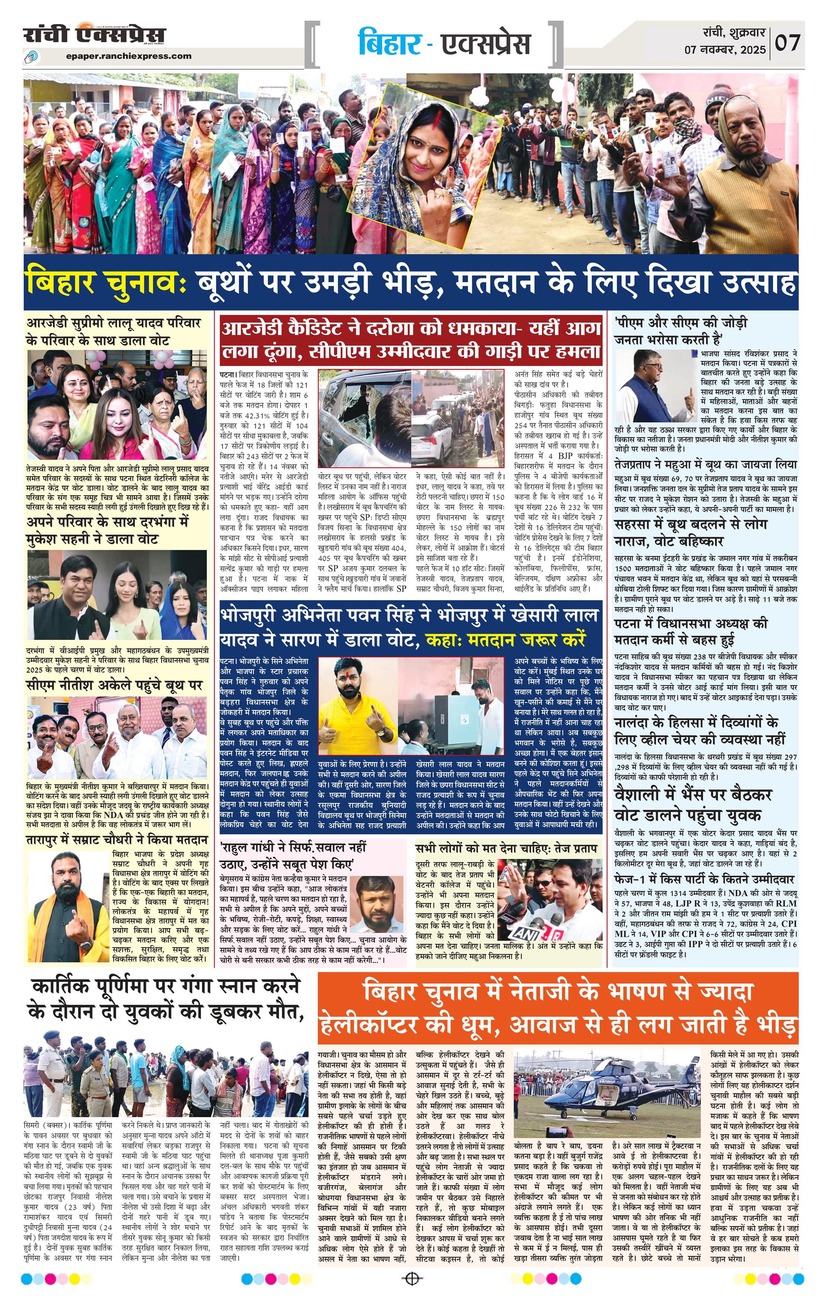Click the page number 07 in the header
tap(787, 42)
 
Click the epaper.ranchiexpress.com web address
tap(129, 56)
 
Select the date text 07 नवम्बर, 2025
tap(725, 50)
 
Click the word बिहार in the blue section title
tap(389, 44)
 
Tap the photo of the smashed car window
tap(364, 418)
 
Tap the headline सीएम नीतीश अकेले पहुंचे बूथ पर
tap(115, 686)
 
